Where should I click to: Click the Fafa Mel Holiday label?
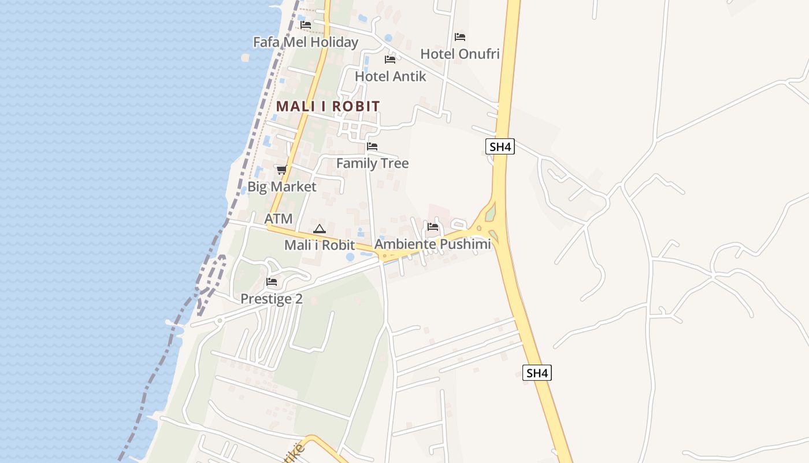click(306, 42)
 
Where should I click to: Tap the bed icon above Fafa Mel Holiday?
click(306, 25)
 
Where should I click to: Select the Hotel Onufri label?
click(460, 54)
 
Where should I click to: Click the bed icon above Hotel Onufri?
click(460, 37)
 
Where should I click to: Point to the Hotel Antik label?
click(391, 76)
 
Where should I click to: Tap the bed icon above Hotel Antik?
click(390, 60)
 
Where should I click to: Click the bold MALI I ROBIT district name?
click(328, 106)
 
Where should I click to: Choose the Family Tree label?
click(372, 163)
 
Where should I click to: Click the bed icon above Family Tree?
click(372, 146)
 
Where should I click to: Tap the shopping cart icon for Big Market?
click(281, 170)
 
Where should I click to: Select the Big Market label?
click(282, 186)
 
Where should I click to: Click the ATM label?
click(279, 219)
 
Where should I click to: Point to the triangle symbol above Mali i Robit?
click(320, 229)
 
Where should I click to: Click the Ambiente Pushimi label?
click(433, 244)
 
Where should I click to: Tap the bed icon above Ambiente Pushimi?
click(433, 227)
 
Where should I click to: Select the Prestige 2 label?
click(272, 299)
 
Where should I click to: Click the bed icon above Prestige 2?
click(272, 282)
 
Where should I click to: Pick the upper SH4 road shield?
click(500, 146)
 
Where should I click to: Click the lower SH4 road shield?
click(537, 373)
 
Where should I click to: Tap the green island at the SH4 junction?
click(491, 213)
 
